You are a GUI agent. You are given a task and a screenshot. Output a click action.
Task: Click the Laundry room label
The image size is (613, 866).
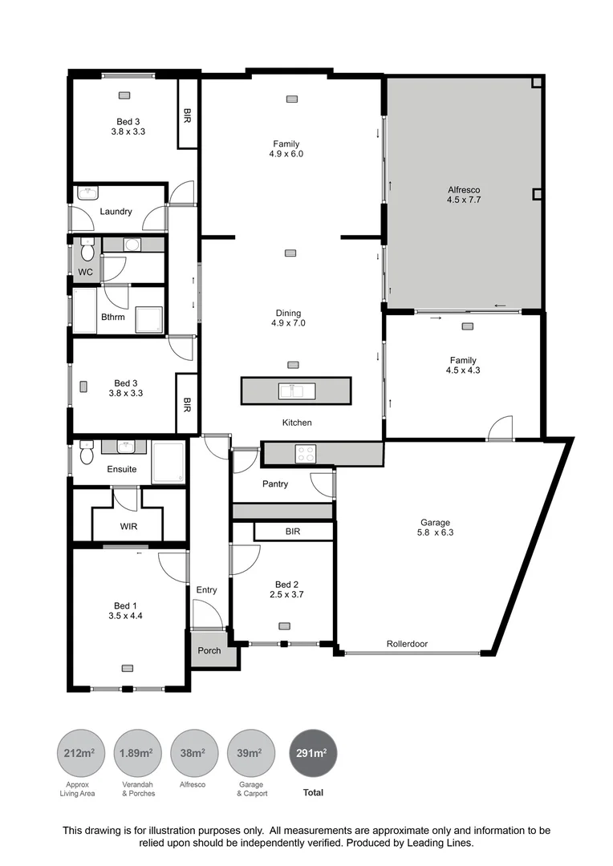point(116,212)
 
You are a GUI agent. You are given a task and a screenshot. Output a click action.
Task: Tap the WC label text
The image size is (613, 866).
point(85,272)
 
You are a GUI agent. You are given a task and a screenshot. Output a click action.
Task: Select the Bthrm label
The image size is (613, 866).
point(112,317)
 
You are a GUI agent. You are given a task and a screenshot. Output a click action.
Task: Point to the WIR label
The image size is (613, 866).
point(128,527)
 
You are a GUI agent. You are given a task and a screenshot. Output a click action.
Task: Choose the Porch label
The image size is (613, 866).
point(209,650)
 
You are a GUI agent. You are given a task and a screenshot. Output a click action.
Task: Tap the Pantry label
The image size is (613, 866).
point(275,484)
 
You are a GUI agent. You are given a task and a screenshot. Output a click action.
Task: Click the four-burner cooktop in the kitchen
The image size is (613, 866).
point(305,453)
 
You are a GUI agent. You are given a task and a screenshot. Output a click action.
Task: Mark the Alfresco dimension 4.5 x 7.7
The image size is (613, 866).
point(463,200)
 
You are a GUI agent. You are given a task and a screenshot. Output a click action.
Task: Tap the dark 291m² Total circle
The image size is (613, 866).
point(313,753)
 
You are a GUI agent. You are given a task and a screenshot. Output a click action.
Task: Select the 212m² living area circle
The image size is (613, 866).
point(79,753)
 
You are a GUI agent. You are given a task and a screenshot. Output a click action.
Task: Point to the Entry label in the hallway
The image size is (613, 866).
point(206,590)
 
